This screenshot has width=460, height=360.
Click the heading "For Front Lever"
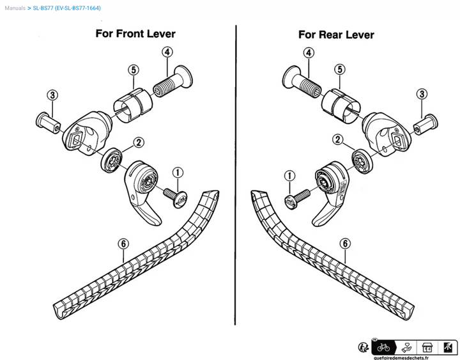[x=135, y=34]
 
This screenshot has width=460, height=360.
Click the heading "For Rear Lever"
[x=336, y=35]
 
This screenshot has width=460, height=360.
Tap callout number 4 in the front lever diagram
[x=167, y=52]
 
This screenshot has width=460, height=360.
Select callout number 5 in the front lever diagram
[x=133, y=70]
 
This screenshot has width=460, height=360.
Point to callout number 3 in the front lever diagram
[x=52, y=95]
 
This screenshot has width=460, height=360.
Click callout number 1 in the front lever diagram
[x=178, y=172]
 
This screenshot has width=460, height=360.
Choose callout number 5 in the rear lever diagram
[x=340, y=69]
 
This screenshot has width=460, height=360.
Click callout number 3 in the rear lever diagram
[x=421, y=95]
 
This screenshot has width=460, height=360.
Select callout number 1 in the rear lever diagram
[x=290, y=175]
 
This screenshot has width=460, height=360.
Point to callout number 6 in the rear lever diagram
[x=344, y=243]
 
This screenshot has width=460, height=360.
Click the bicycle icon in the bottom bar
[x=383, y=347]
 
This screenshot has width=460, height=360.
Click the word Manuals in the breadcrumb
[x=15, y=8]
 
